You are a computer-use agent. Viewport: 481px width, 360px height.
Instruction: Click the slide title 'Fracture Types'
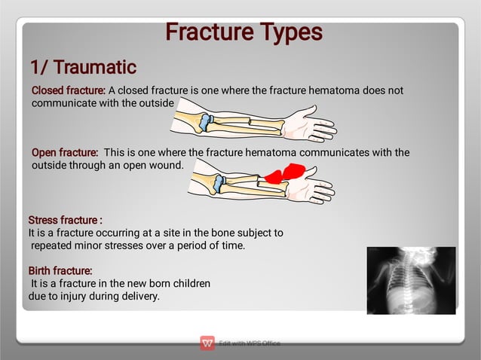(244, 32)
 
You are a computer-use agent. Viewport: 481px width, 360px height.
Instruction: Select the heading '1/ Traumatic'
(82, 68)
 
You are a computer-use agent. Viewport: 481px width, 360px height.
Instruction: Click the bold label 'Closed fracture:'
(68, 91)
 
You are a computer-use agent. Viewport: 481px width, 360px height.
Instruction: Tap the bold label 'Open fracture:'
(65, 153)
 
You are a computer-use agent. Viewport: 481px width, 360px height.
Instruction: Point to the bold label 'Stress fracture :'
(65, 221)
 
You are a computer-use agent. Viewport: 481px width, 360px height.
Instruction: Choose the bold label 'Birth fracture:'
(60, 270)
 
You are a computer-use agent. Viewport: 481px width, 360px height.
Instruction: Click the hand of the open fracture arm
(313, 185)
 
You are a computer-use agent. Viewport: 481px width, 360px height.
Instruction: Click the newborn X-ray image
(411, 280)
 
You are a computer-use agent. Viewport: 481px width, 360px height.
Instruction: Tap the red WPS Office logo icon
(207, 343)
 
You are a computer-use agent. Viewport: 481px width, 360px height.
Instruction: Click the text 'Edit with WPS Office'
(250, 343)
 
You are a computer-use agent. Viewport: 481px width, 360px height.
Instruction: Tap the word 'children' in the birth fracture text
(189, 284)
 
